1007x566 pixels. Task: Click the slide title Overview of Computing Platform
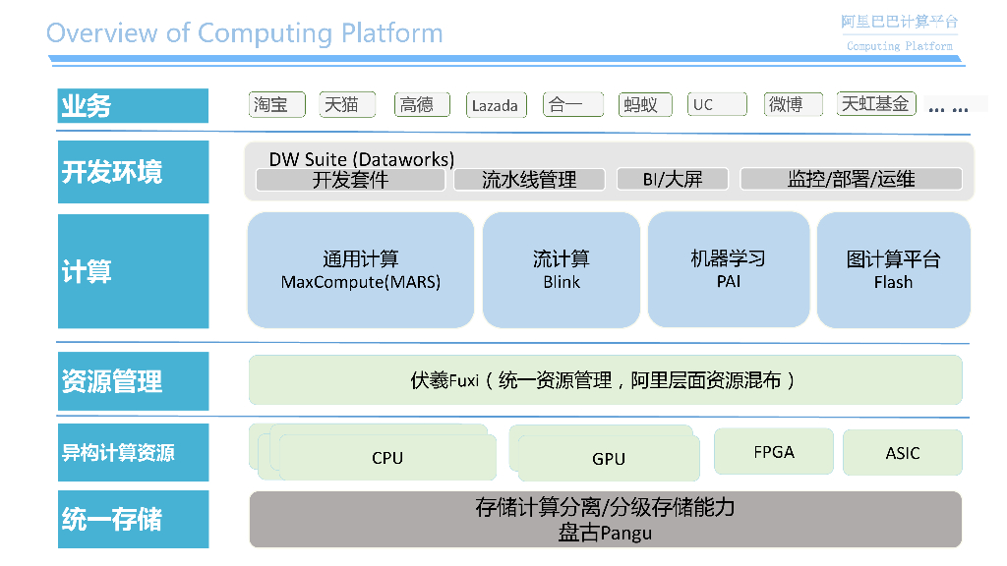[244, 33]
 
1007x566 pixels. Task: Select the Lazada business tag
[495, 105]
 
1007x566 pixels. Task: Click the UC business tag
[715, 104]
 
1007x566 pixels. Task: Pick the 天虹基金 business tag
[876, 104]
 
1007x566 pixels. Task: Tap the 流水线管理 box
[529, 179]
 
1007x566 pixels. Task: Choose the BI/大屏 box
[674, 179]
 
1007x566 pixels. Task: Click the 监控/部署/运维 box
[851, 179]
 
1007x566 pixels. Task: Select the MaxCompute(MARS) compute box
[361, 270]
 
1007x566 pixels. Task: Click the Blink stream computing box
[562, 270]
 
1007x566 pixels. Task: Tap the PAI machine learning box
[728, 269]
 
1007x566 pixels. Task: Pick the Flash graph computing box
[893, 270]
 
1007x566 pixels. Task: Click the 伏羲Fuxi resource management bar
[605, 379]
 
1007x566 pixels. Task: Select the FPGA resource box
[773, 452]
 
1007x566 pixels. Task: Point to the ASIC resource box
[902, 453]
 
